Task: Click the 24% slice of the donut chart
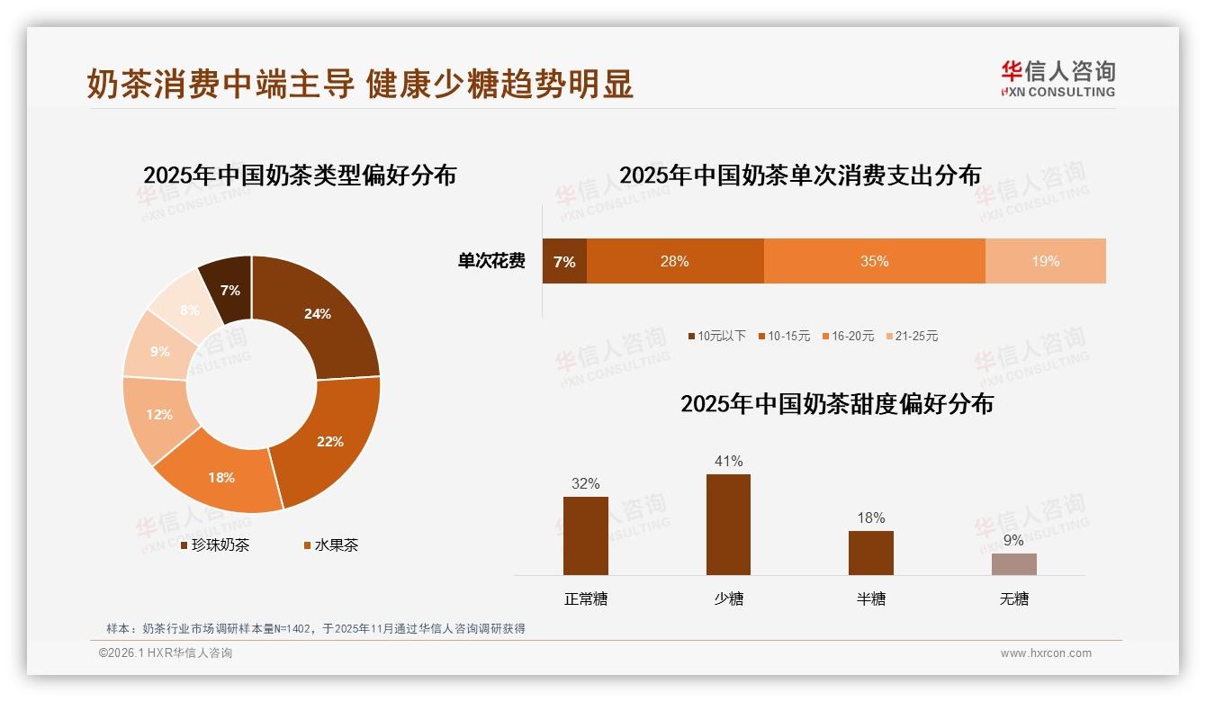click(318, 314)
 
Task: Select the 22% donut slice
click(329, 441)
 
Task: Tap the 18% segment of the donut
click(221, 477)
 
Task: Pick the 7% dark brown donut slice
click(230, 290)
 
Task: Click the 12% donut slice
click(159, 415)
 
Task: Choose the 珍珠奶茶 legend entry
click(215, 544)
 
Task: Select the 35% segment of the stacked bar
click(874, 261)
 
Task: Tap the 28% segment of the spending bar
click(674, 261)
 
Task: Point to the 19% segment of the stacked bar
click(1045, 261)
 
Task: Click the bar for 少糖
click(728, 525)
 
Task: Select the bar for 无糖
click(1013, 564)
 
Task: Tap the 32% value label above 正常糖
click(585, 483)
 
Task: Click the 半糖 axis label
click(870, 598)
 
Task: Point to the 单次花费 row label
click(491, 261)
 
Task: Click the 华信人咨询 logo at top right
click(1057, 78)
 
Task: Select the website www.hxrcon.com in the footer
click(1045, 653)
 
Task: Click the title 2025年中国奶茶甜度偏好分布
click(837, 404)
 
